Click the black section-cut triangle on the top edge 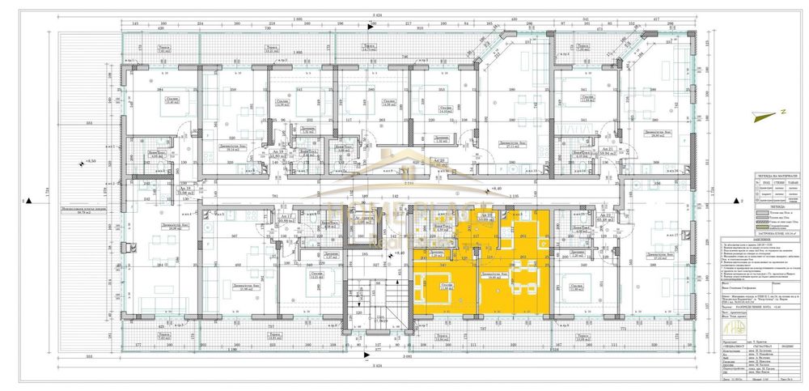(369, 28)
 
